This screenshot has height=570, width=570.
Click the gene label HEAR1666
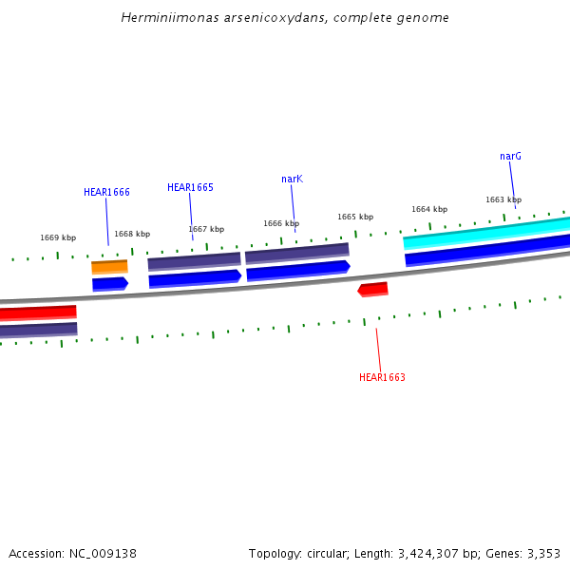(x=106, y=192)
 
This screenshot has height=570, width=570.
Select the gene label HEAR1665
(x=190, y=187)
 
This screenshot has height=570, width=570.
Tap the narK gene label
(x=292, y=179)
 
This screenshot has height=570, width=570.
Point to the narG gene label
(x=510, y=156)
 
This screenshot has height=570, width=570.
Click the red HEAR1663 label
(x=382, y=377)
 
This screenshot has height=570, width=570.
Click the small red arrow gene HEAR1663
(x=372, y=289)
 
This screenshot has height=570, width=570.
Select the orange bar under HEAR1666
(x=109, y=267)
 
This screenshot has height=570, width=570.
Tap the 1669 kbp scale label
(x=58, y=237)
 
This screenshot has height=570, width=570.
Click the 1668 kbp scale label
(x=132, y=234)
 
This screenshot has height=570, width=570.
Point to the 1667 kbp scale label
(x=206, y=229)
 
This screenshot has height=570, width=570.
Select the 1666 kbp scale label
(x=281, y=223)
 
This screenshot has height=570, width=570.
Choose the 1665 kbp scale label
(x=355, y=217)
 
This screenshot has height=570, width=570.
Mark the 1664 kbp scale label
(x=429, y=209)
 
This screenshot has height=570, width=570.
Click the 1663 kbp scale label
(x=503, y=199)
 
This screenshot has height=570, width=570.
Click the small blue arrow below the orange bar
(x=109, y=283)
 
